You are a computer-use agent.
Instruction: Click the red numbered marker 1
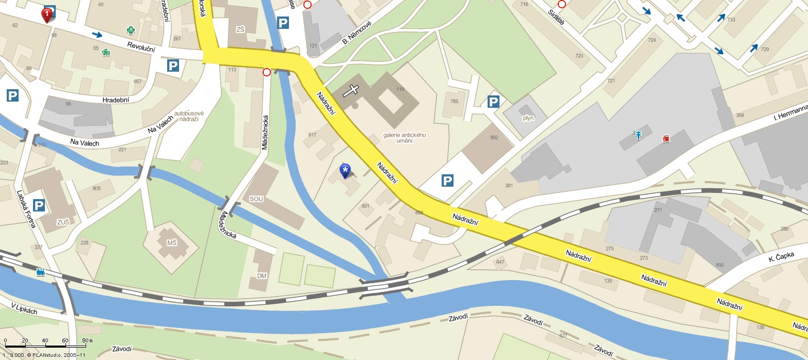click(x=47, y=14)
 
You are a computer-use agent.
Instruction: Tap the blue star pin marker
click(x=345, y=170)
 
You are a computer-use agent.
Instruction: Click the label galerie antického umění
click(x=405, y=138)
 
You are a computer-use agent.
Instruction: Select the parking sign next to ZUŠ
click(x=39, y=205)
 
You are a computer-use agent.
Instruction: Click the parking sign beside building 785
click(x=493, y=102)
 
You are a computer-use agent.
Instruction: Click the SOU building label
click(x=256, y=199)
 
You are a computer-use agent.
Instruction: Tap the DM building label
click(x=262, y=276)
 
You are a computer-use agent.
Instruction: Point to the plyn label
click(x=528, y=118)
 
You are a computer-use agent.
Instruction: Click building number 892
click(x=494, y=137)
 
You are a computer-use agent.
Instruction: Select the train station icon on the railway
click(x=41, y=272)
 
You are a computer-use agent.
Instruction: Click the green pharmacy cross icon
click(x=131, y=30)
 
